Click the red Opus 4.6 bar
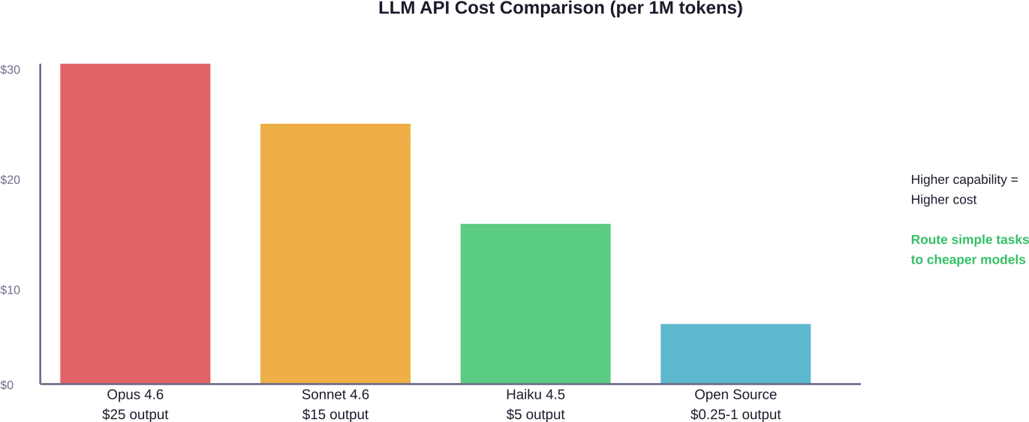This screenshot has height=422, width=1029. click(135, 224)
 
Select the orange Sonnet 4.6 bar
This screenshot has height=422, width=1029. click(335, 253)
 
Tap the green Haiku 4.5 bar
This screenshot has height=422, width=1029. click(536, 303)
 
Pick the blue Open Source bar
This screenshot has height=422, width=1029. click(736, 354)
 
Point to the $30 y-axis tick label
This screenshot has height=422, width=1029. click(10, 69)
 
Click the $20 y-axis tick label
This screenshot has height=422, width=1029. click(10, 179)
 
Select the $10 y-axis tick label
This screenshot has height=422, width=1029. click(10, 290)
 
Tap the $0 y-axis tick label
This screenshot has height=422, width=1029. click(7, 384)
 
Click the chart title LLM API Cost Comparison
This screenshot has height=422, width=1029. click(561, 8)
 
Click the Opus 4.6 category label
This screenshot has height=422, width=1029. click(135, 394)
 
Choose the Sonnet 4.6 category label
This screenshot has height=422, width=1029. click(335, 394)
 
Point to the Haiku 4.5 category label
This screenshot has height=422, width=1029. click(536, 394)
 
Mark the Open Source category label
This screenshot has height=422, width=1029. click(736, 394)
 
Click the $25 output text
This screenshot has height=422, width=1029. click(135, 414)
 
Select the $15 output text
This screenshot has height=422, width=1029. click(335, 414)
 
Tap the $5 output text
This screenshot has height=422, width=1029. click(536, 414)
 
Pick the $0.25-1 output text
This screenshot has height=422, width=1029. click(736, 414)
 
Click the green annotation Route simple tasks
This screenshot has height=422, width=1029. click(970, 240)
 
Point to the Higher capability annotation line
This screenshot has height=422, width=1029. click(964, 179)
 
